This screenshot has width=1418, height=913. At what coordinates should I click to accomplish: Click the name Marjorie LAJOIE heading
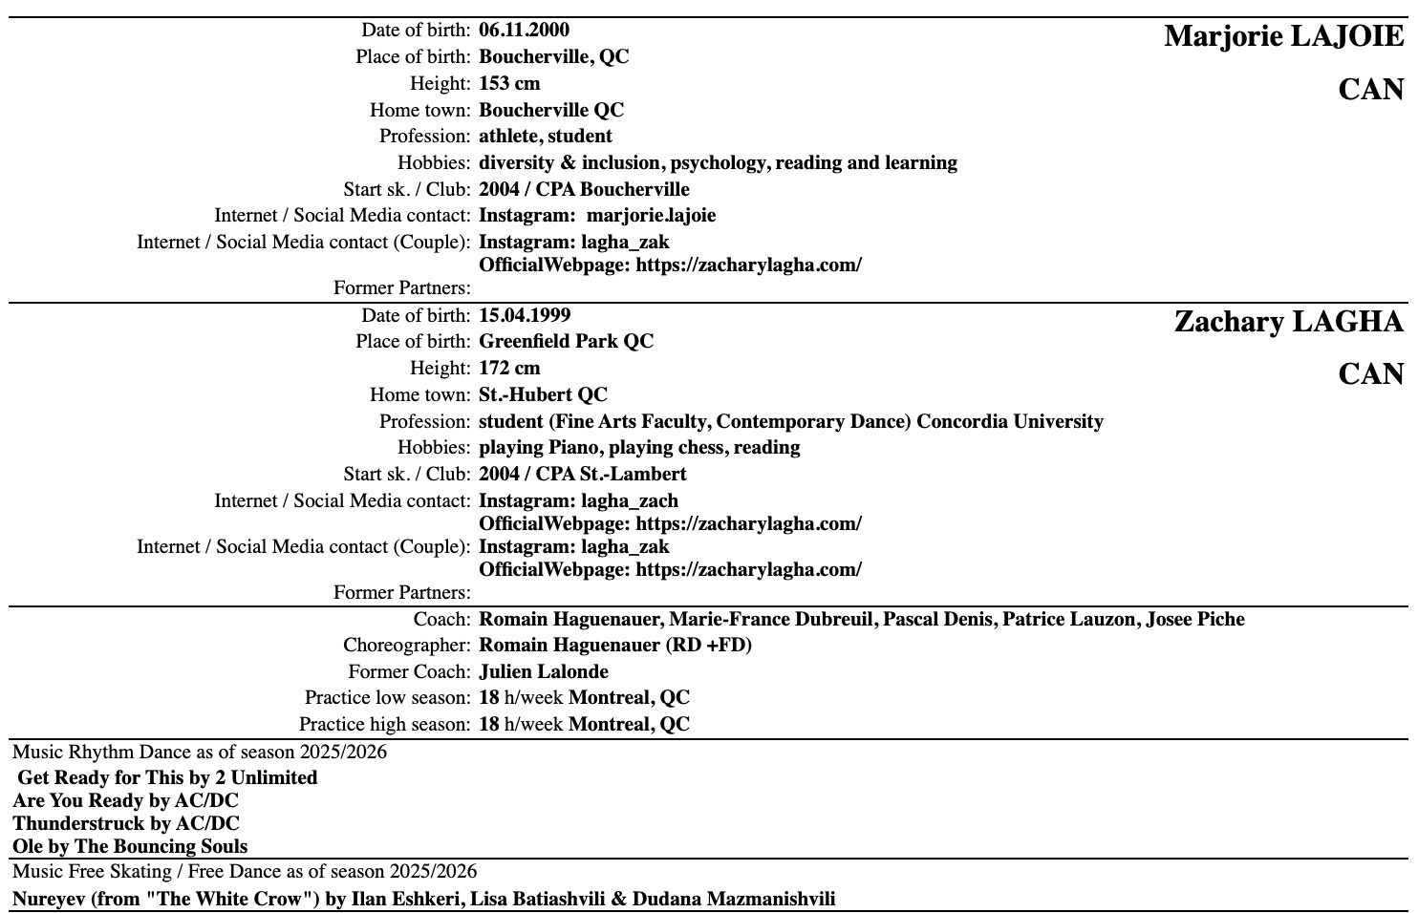pyautogui.click(x=1283, y=37)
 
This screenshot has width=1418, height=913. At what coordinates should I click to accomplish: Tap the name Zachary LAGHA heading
pyautogui.click(x=1288, y=322)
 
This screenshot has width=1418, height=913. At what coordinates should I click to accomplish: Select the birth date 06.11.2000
pyautogui.click(x=524, y=30)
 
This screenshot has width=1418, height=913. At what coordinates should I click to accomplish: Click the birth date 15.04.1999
pyautogui.click(x=525, y=315)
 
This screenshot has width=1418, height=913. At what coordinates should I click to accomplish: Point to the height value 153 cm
pyautogui.click(x=509, y=83)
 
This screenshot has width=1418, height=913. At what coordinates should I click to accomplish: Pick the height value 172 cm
pyautogui.click(x=509, y=368)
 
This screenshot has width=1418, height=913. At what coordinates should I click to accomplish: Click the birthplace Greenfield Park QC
pyautogui.click(x=566, y=341)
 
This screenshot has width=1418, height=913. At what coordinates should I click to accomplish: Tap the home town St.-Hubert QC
pyautogui.click(x=543, y=394)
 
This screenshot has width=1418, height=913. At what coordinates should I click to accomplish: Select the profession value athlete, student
pyautogui.click(x=545, y=136)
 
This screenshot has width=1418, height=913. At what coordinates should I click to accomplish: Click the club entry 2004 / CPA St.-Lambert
pyautogui.click(x=582, y=474)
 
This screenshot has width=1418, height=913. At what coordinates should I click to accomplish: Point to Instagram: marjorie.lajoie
pyautogui.click(x=596, y=215)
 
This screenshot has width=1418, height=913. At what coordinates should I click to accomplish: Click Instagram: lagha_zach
pyautogui.click(x=578, y=500)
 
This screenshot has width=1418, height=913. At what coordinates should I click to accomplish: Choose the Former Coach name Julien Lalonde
pyautogui.click(x=544, y=671)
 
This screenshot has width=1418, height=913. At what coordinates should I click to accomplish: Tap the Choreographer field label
pyautogui.click(x=407, y=645)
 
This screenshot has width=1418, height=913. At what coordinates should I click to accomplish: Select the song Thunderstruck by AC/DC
pyautogui.click(x=126, y=823)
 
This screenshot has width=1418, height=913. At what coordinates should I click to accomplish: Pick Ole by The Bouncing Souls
pyautogui.click(x=130, y=846)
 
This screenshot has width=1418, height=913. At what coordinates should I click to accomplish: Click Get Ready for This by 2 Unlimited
pyautogui.click(x=167, y=777)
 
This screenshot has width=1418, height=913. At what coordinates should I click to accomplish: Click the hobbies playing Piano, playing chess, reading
pyautogui.click(x=639, y=447)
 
